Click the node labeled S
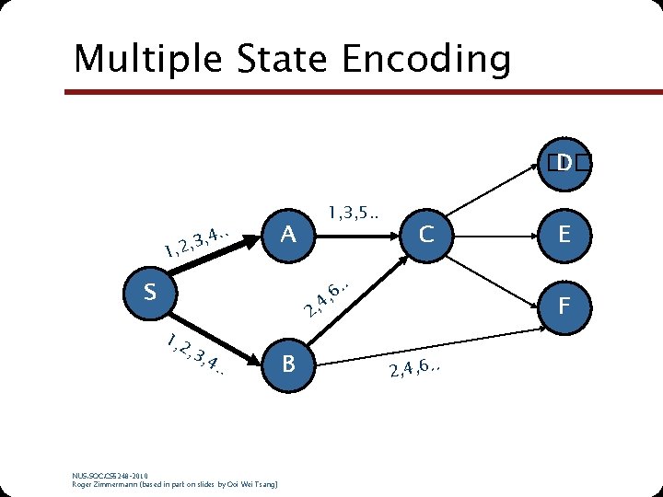pos(149,293)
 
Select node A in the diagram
pos(288,235)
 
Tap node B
pos(288,364)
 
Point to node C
pos(425,235)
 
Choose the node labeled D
pos(564,163)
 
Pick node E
pos(564,235)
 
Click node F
pos(564,304)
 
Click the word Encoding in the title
pos(425,59)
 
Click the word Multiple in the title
pos(147,59)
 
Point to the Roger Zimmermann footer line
pos(175,483)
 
